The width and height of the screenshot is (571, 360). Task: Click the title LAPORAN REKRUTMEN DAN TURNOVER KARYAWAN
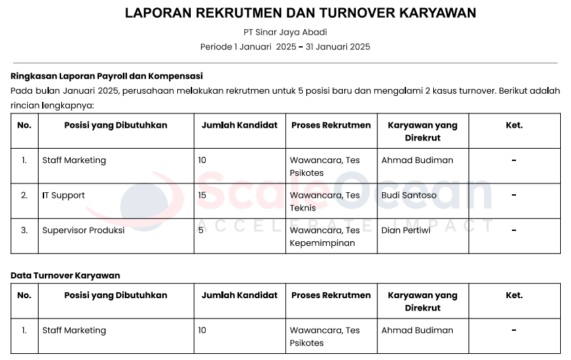300,13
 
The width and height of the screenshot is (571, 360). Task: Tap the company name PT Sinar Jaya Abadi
285,32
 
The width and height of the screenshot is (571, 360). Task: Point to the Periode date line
285,47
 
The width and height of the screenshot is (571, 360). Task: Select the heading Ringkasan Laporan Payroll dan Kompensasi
107,76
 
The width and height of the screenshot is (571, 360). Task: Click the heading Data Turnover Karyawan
65,275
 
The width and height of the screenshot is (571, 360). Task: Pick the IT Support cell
64,196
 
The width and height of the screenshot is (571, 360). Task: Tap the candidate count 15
202,196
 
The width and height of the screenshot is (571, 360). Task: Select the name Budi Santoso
409,196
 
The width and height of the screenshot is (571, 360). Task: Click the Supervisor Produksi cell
84,230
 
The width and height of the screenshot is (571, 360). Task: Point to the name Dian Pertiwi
406,230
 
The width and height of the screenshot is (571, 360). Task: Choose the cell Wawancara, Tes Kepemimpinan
325,236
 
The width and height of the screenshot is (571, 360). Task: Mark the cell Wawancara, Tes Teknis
325,202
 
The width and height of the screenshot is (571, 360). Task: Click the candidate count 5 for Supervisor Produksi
201,230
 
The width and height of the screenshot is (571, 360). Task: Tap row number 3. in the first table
24,230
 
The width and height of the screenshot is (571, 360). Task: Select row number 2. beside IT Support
24,196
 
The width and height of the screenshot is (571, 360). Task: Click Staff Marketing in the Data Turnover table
74,331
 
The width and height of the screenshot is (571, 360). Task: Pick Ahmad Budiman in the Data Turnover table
417,331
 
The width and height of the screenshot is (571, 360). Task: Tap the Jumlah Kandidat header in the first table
240,125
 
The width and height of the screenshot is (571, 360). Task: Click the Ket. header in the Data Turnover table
514,295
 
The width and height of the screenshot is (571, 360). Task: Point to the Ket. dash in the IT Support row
514,196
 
